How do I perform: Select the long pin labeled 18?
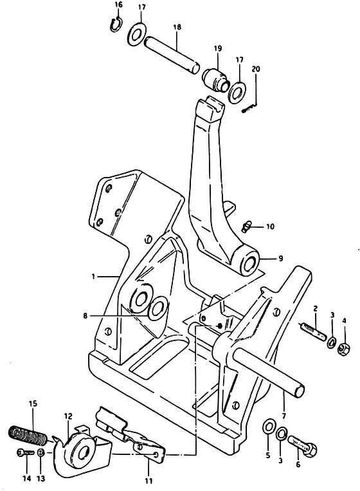tap(172, 55)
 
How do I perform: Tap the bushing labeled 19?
tap(216, 79)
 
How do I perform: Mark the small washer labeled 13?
tap(41, 453)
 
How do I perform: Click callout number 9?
tap(280, 258)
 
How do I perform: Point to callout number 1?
tap(93, 276)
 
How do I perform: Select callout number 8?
tap(85, 316)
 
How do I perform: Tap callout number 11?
tap(148, 480)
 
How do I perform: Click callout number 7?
tap(283, 416)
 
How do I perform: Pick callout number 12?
tap(69, 416)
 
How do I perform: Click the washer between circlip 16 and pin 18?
tap(136, 34)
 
